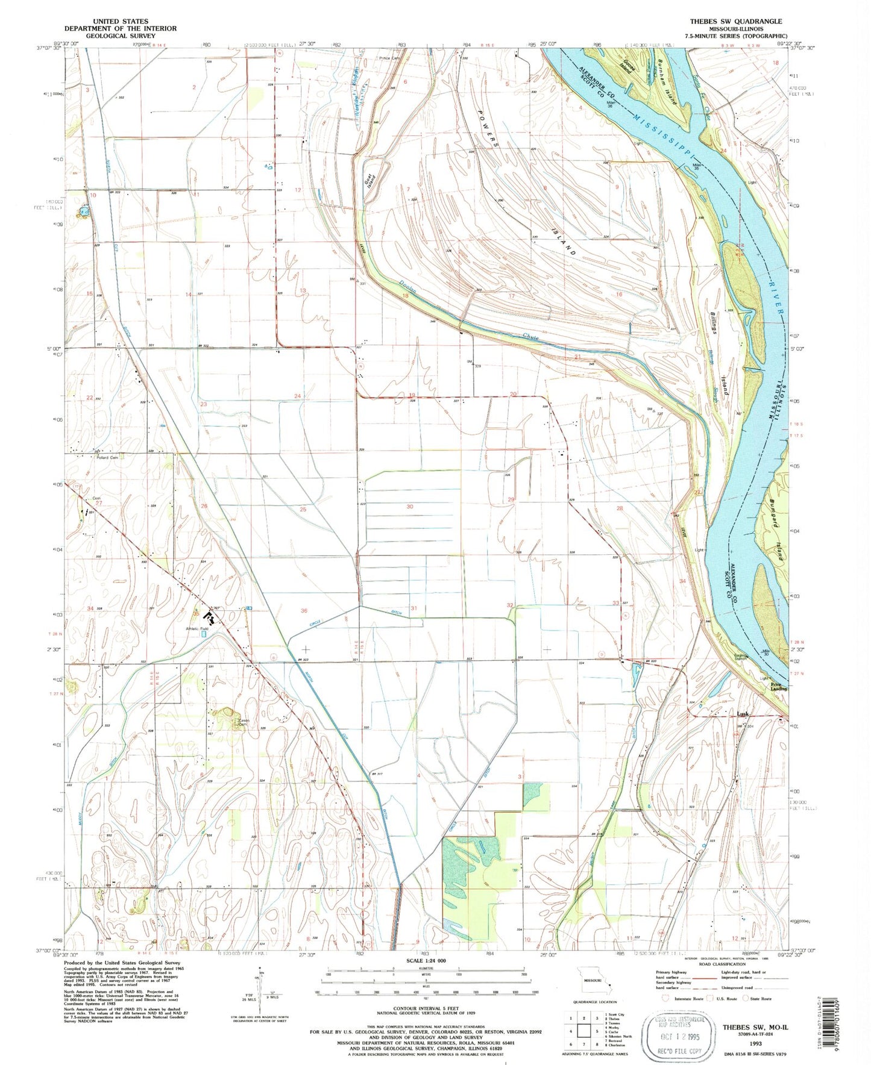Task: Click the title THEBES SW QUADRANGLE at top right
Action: click(736, 21)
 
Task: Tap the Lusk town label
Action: click(743, 714)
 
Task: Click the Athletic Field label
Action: click(197, 629)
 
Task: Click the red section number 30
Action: click(410, 507)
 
